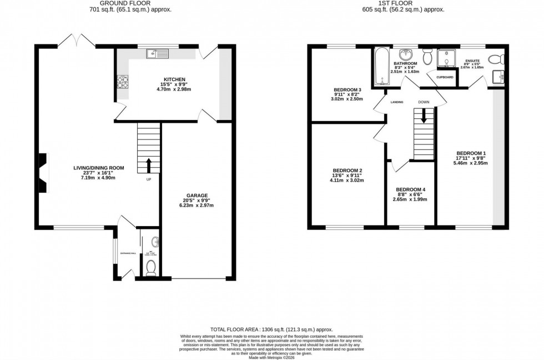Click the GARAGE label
(x=197, y=196)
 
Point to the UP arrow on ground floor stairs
(x=149, y=164)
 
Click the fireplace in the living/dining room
(x=43, y=172)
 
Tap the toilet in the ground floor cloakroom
(x=150, y=268)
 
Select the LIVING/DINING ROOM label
(x=99, y=168)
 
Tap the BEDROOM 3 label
(x=347, y=90)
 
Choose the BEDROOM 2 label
(x=347, y=171)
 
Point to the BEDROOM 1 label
(x=471, y=153)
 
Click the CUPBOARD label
(x=446, y=77)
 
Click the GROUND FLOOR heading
(x=130, y=3)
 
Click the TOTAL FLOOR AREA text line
(x=271, y=329)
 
